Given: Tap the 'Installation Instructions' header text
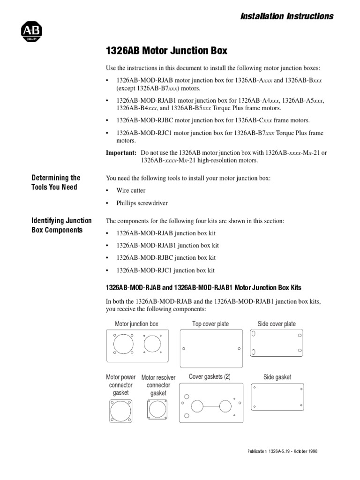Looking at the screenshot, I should tap(286, 16).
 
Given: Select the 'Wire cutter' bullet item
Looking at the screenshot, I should tap(131, 191).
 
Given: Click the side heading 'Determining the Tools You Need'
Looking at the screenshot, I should tap(56, 182).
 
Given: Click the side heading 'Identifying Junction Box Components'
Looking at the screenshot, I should tap(61, 225).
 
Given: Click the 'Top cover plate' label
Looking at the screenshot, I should tap(210, 324).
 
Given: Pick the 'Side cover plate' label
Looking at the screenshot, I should tap(277, 324).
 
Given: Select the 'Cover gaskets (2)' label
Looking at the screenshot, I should tap(210, 376).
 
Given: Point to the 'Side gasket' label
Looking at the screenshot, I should tap(277, 377).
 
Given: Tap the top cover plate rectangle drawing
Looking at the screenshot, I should tap(211, 348).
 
